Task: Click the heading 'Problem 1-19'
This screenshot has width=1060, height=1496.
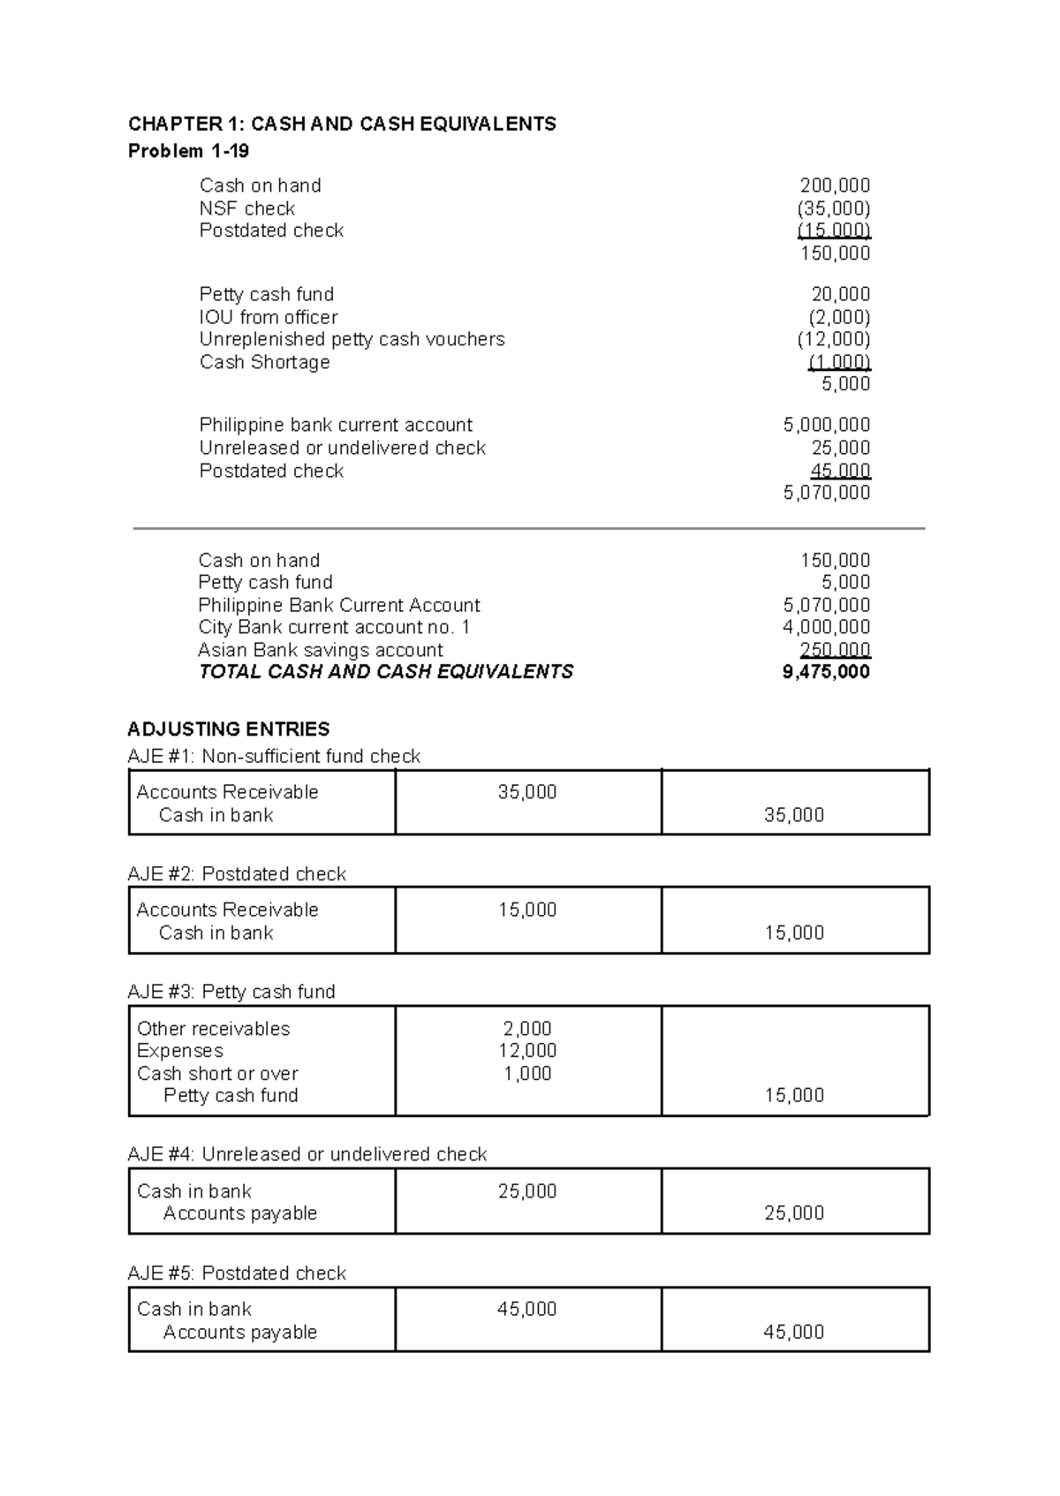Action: (x=188, y=151)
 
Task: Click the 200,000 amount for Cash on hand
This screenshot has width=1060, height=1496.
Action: (x=834, y=185)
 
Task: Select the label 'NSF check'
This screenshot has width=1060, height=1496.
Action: (x=247, y=208)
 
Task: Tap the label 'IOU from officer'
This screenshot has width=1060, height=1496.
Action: (x=269, y=317)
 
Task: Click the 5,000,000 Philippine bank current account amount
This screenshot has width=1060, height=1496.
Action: (x=826, y=425)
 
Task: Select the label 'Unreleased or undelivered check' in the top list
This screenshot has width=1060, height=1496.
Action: (x=342, y=448)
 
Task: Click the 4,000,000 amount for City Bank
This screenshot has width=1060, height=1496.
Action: (x=826, y=627)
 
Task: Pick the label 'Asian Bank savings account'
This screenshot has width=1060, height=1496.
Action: (x=321, y=650)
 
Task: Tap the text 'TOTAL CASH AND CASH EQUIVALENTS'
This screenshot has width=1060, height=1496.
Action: (x=386, y=672)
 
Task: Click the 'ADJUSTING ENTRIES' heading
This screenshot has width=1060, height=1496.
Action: (x=229, y=729)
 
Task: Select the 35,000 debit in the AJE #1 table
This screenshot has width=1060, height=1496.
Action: (x=527, y=792)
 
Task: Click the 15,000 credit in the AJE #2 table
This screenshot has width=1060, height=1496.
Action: (x=794, y=933)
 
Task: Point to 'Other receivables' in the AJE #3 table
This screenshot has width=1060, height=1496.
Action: (x=213, y=1029)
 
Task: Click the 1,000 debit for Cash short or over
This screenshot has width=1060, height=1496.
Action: (x=527, y=1074)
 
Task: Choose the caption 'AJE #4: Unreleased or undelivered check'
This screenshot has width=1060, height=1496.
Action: (x=307, y=1154)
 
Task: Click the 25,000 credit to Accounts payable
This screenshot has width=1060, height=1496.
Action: (x=794, y=1213)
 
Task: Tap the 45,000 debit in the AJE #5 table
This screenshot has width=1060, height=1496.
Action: (x=527, y=1309)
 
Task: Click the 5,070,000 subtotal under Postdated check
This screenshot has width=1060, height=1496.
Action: (x=826, y=493)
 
